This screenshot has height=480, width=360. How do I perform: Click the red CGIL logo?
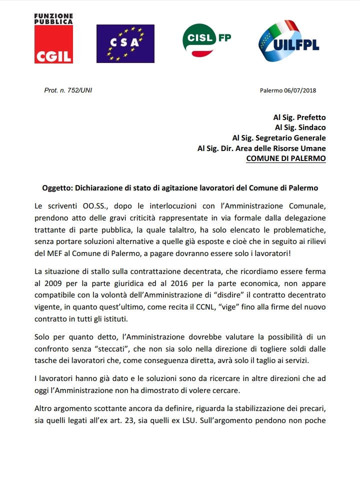pos(53,44)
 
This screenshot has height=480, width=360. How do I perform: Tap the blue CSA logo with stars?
pos(125,43)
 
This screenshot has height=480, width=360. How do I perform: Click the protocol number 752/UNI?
pos(76,90)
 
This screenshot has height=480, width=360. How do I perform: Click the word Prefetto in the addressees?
pos(311,117)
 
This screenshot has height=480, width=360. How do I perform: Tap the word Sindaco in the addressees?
pos(311,127)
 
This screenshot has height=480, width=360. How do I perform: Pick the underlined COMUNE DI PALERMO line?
pos(286,158)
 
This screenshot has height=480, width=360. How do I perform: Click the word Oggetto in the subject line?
pos(57,188)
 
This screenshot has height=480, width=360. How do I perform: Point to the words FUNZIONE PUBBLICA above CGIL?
pos(53,19)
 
